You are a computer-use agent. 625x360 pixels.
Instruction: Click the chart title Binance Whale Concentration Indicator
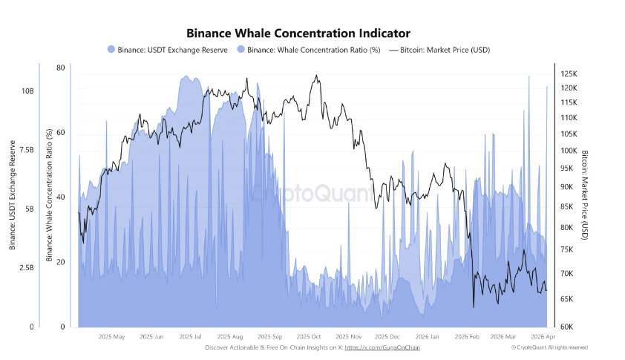point(298,33)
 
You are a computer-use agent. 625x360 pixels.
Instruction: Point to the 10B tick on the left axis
point(27,91)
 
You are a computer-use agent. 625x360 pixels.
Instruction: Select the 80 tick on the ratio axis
point(60,68)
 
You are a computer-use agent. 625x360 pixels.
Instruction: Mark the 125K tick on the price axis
point(569,74)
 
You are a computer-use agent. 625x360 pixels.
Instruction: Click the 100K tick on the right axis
point(569,151)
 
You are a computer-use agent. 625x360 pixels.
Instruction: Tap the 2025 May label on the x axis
point(111,336)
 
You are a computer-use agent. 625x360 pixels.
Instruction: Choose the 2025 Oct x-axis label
point(306,336)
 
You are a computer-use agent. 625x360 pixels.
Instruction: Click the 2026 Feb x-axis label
point(468,336)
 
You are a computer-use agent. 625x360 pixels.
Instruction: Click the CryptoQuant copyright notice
point(550,347)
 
